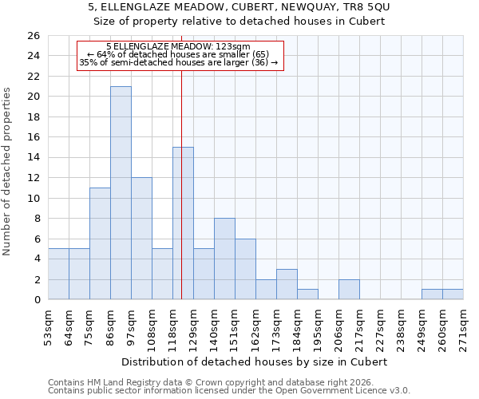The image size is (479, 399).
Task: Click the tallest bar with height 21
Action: [121, 193]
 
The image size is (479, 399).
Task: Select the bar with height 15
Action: [183, 223]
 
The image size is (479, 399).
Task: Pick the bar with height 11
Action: [100, 243]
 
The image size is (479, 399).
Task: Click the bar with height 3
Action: [287, 284]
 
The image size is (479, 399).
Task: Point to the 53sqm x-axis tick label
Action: [48, 326]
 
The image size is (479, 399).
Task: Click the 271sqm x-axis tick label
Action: [463, 326]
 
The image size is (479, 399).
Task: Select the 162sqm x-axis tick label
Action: [255, 326]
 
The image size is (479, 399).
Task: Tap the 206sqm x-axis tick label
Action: [338, 326]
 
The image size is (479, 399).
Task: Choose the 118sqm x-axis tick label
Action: [172, 326]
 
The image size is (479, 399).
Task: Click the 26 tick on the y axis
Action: [33, 36]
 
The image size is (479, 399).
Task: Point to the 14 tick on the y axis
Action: [33, 157]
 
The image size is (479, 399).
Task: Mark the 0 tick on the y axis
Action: [36, 300]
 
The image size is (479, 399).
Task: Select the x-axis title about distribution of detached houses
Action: [255, 361]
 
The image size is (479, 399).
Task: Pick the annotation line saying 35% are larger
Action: [179, 62]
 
